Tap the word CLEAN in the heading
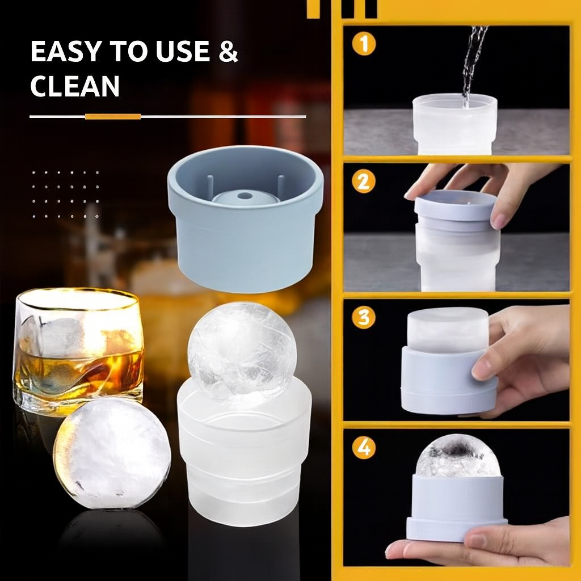click(x=74, y=86)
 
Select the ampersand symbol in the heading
click(x=228, y=52)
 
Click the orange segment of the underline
click(x=113, y=116)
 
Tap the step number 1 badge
click(x=363, y=44)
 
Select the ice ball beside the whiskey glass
click(x=112, y=453)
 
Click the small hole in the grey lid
click(x=245, y=196)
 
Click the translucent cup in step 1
click(x=454, y=125)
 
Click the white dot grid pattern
click(x=65, y=194)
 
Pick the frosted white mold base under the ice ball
click(x=244, y=454)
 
